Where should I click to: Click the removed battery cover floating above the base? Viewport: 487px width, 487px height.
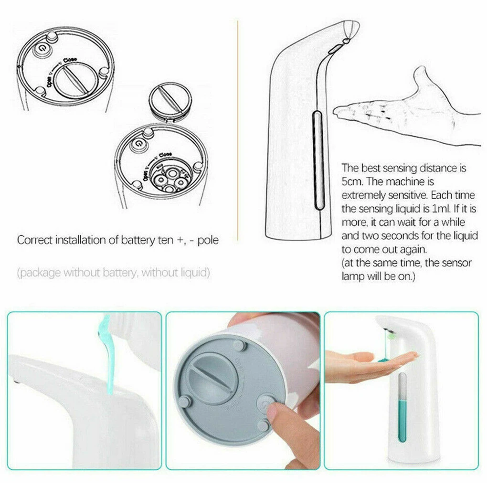coord(169,101)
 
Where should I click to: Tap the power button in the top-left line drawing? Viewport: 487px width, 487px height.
coord(44,49)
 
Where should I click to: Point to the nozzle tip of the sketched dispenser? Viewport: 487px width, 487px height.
coord(351,30)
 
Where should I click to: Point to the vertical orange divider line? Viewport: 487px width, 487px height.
coord(237,129)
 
